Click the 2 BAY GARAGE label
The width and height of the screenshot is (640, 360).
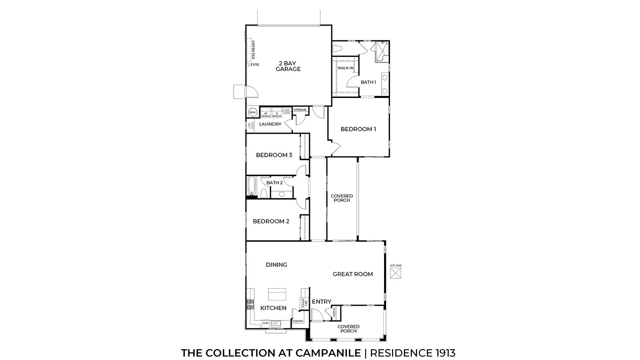pos(288,66)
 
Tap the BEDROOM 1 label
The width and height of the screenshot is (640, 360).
pos(358,129)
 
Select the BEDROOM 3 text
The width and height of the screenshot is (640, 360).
pos(274,155)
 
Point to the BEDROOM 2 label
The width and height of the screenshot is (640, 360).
pos(271,221)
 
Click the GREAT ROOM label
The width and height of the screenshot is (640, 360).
pos(353,274)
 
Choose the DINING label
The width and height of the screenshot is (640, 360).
pos(277,265)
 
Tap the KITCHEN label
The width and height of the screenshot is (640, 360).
pos(273,308)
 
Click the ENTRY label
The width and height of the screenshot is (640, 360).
pos(322,302)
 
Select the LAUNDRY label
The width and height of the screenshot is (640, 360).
pos(270,124)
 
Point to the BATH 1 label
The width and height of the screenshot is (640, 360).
pos(368,82)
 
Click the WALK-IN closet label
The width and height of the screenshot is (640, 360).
pos(346,68)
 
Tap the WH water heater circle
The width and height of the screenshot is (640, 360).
pos(252,112)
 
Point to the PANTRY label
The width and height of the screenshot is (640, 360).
pos(298,321)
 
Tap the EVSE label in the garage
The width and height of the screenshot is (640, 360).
pos(255,65)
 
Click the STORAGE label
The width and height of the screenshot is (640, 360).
pos(300,110)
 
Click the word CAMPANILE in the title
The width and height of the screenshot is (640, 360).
pos(328,353)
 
